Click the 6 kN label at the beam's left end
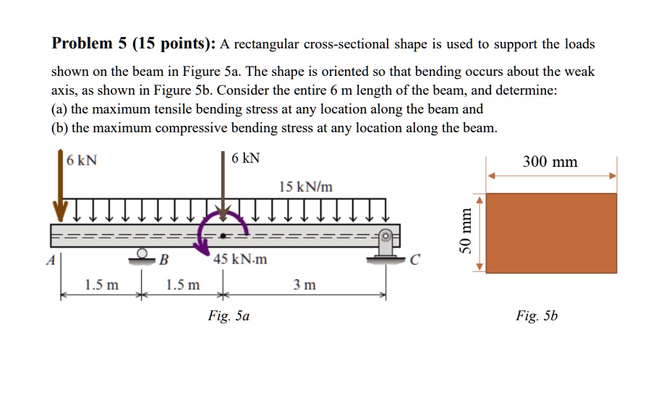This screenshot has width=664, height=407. point(82,160)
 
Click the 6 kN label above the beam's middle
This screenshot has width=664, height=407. point(247,158)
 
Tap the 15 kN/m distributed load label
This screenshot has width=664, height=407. point(306,187)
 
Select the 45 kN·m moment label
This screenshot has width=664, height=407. point(240,260)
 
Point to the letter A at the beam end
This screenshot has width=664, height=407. point(50,261)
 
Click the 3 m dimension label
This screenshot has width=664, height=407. point(305,285)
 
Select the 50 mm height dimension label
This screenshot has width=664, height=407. point(467,232)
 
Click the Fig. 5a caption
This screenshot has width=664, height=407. point(229,316)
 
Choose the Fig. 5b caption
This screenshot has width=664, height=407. point(537,316)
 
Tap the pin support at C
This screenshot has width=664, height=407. point(386,246)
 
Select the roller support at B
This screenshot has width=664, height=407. point(144,255)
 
